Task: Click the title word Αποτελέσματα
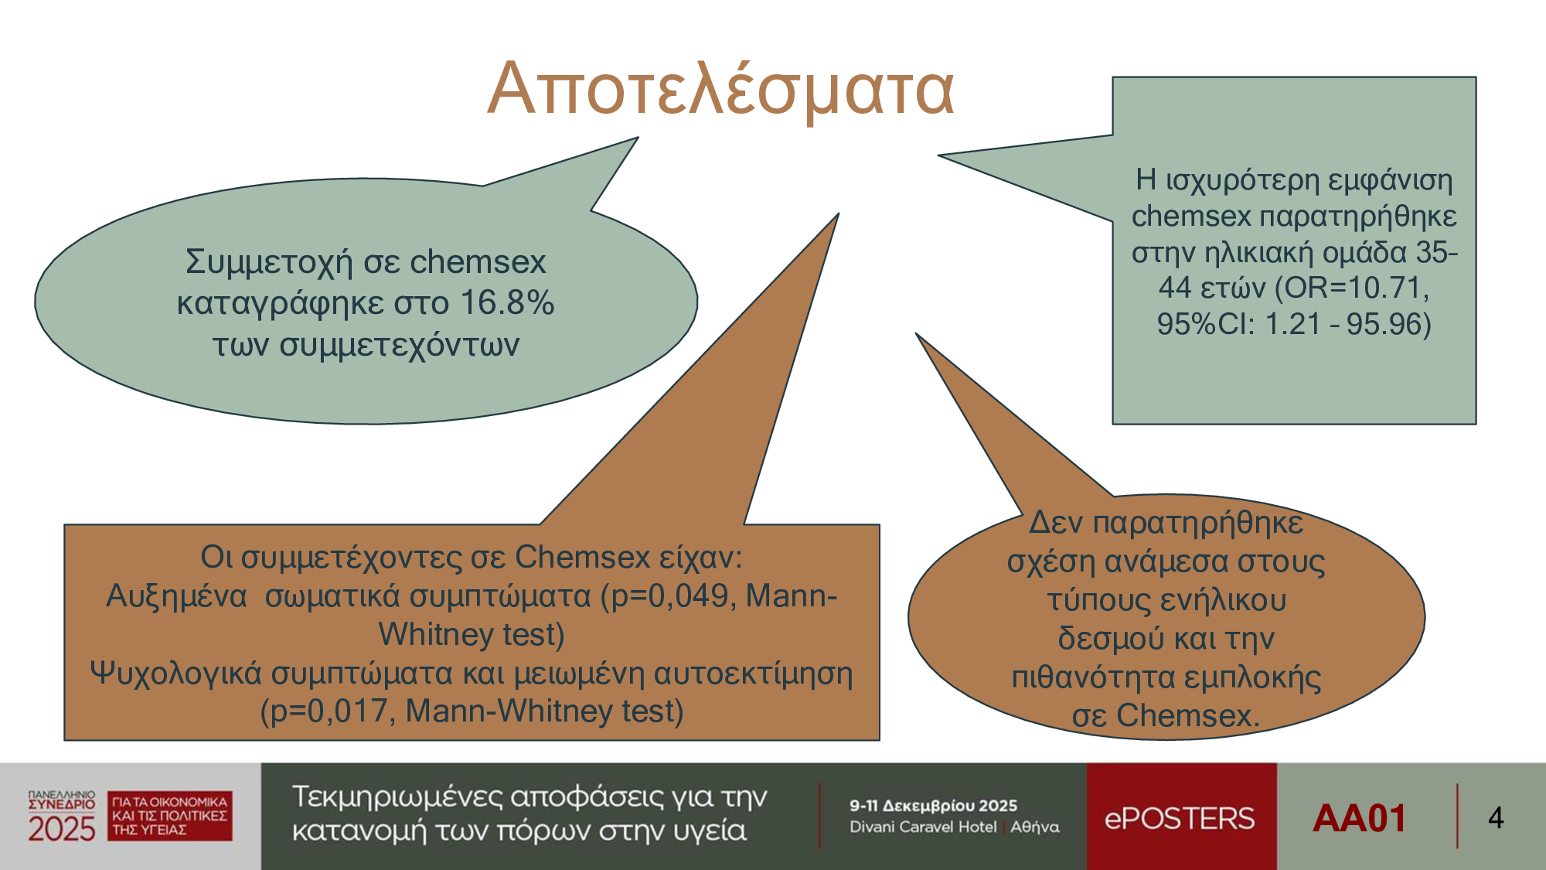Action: coord(721,90)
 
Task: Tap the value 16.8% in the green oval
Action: coord(507,302)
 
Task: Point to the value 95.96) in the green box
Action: coord(1389,324)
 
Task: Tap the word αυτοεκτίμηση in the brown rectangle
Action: coord(754,674)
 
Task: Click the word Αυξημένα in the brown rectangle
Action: coord(176,596)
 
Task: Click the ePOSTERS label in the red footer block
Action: coord(1180,818)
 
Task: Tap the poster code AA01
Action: coord(1360,818)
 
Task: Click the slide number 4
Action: coord(1496,818)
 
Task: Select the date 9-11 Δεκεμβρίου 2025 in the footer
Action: coord(934,805)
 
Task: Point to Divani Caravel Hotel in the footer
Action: coord(923,827)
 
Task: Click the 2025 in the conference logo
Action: coord(62,829)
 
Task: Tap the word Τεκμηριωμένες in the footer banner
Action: coord(397,797)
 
